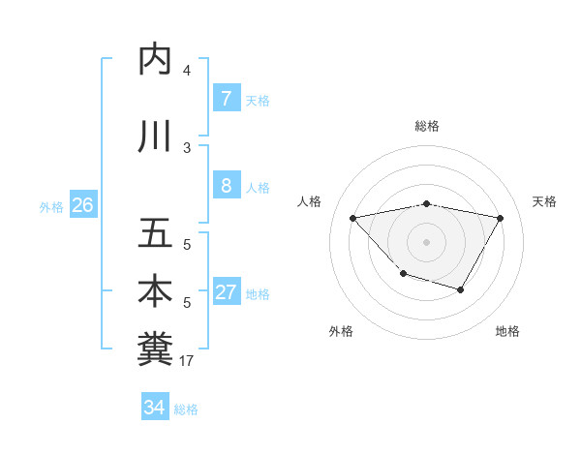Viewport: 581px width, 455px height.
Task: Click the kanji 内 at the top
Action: click(155, 60)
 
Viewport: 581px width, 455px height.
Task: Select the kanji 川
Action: click(155, 136)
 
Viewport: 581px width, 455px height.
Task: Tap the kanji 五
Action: click(155, 234)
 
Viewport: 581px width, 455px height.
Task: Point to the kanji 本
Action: click(155, 291)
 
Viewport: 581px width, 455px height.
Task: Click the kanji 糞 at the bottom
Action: click(155, 349)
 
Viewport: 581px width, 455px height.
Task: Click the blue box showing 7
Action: click(226, 99)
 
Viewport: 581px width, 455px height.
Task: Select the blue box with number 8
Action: click(226, 187)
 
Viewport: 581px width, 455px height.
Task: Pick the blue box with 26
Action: click(82, 205)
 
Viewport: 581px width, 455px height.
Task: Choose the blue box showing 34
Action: click(154, 408)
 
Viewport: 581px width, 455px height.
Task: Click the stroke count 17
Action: click(188, 361)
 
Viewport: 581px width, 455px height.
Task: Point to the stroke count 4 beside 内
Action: click(187, 71)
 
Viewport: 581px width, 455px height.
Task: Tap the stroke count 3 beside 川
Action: click(187, 148)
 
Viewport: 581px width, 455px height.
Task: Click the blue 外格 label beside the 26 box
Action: click(51, 206)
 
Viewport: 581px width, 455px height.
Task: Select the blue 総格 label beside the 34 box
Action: click(186, 409)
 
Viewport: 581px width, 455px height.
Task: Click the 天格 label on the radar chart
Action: click(545, 201)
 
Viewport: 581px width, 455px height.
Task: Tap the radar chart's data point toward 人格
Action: click(352, 218)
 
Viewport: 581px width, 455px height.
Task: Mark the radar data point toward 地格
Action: click(461, 289)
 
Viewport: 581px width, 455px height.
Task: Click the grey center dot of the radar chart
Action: click(426, 241)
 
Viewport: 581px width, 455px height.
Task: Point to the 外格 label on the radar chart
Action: click(341, 331)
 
